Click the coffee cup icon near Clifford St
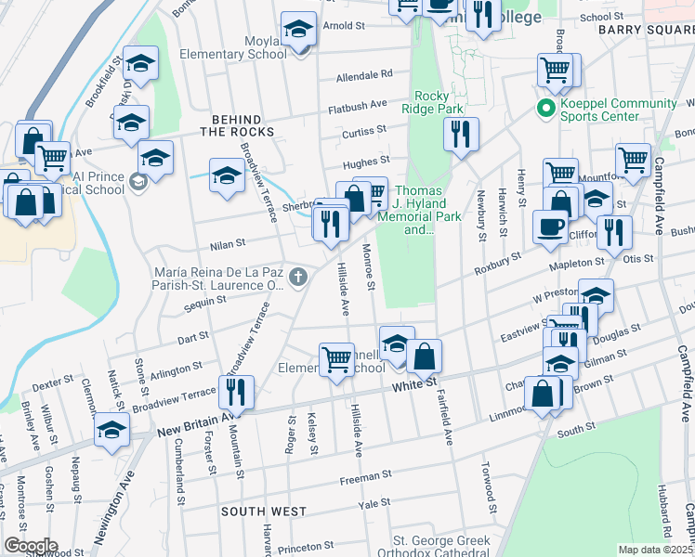click(x=551, y=227)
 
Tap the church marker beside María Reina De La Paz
click(x=297, y=277)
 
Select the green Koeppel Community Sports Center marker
click(x=546, y=109)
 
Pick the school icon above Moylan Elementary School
click(x=298, y=30)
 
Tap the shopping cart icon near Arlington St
click(x=335, y=358)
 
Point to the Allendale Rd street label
click(x=364, y=73)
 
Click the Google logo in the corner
click(x=30, y=545)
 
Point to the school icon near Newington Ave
click(x=112, y=430)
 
